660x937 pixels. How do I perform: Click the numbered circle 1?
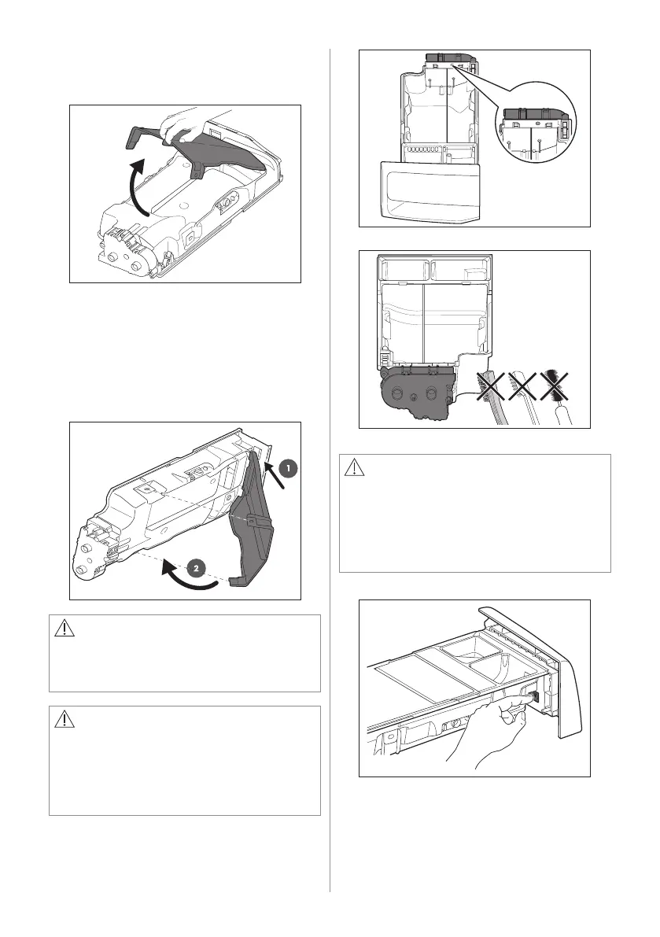[288, 469]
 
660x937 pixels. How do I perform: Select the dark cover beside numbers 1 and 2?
[253, 529]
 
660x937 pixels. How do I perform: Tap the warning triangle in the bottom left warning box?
[64, 720]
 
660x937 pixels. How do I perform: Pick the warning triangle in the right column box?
[354, 467]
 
